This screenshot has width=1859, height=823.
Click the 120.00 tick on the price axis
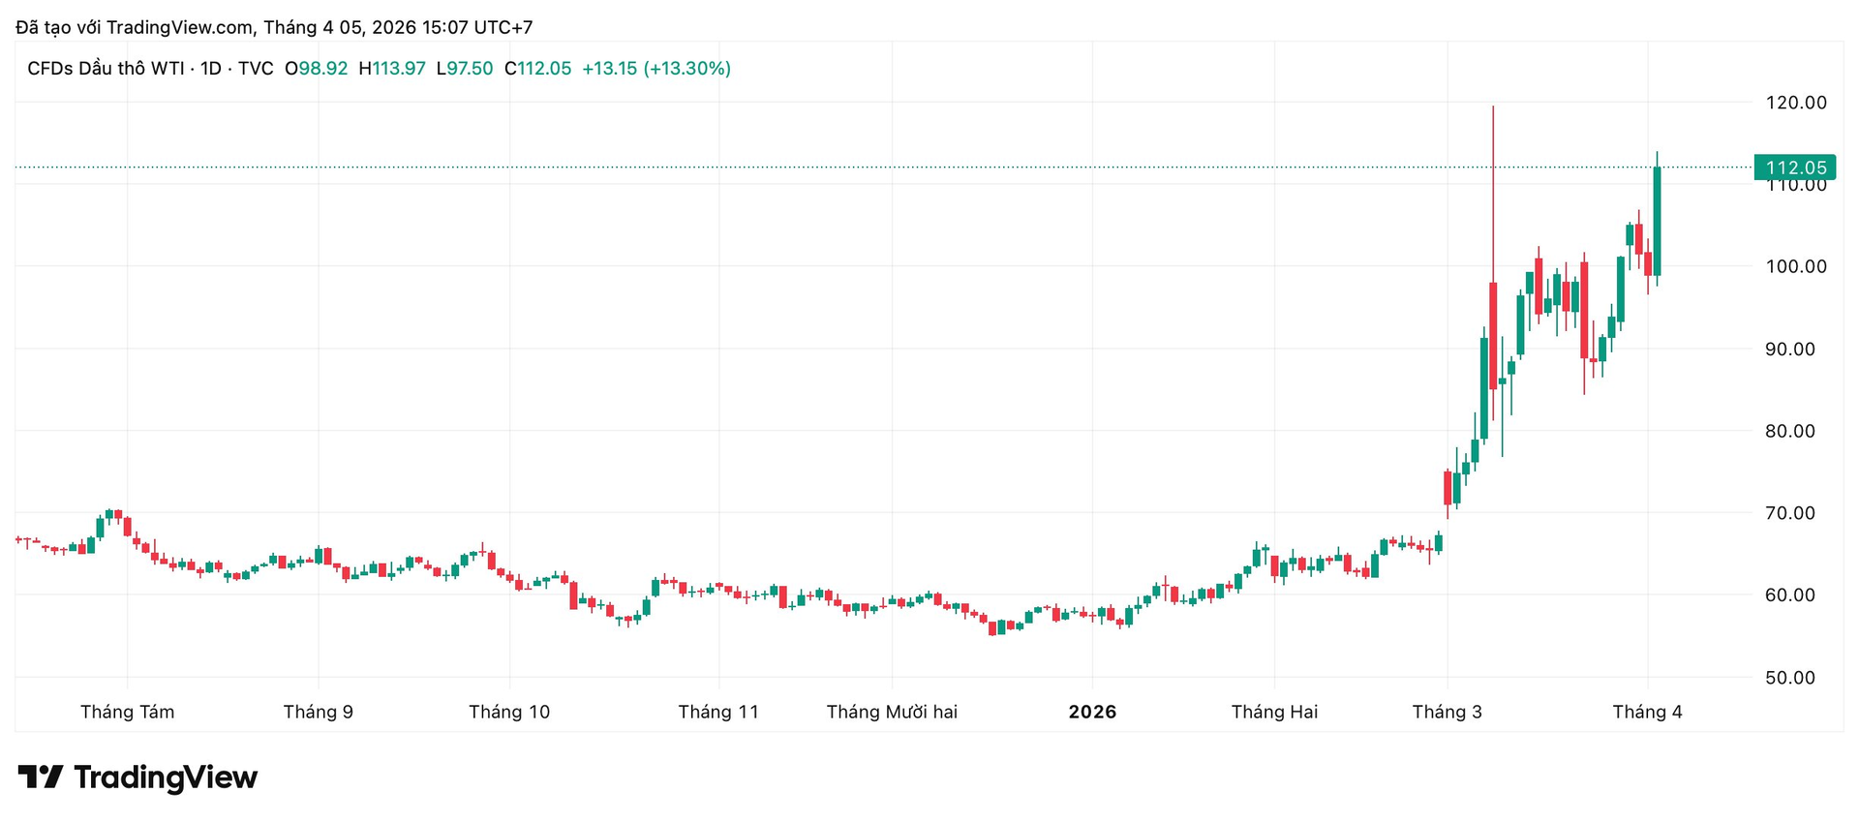click(1796, 103)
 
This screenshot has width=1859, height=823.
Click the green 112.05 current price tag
click(1795, 168)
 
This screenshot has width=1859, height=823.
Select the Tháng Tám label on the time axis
click(127, 713)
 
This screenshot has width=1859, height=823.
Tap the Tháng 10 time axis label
click(509, 713)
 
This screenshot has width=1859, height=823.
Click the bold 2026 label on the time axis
click(1092, 713)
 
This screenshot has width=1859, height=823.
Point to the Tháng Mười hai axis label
click(892, 713)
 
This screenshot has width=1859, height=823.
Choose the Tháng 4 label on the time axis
click(1647, 713)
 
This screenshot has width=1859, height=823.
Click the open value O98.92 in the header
click(316, 69)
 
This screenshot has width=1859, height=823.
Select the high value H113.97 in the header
click(392, 69)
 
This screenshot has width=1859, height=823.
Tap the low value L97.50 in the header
click(465, 69)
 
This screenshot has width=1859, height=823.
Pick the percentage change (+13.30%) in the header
click(687, 69)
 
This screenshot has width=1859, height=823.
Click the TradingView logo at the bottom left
click(138, 777)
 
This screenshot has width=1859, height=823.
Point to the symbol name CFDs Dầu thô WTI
click(106, 69)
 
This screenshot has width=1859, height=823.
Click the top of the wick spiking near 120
click(1493, 107)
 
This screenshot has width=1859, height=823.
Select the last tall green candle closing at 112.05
click(1657, 221)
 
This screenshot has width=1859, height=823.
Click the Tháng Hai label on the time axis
click(1274, 713)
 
